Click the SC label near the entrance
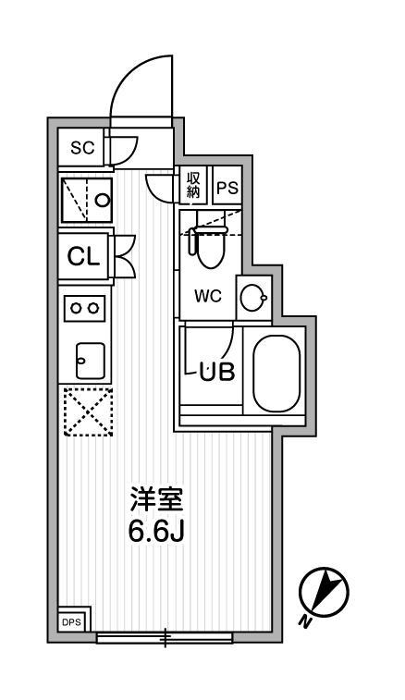82,148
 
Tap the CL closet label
83,257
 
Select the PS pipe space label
227,188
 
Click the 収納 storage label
193,185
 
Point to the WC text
208,297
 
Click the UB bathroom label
217,372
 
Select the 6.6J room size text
157,531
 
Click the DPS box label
71,622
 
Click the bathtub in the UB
276,374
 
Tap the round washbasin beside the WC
253,297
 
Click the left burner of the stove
77,308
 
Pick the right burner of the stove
92,308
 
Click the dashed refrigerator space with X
88,411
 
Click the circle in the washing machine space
103,200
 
